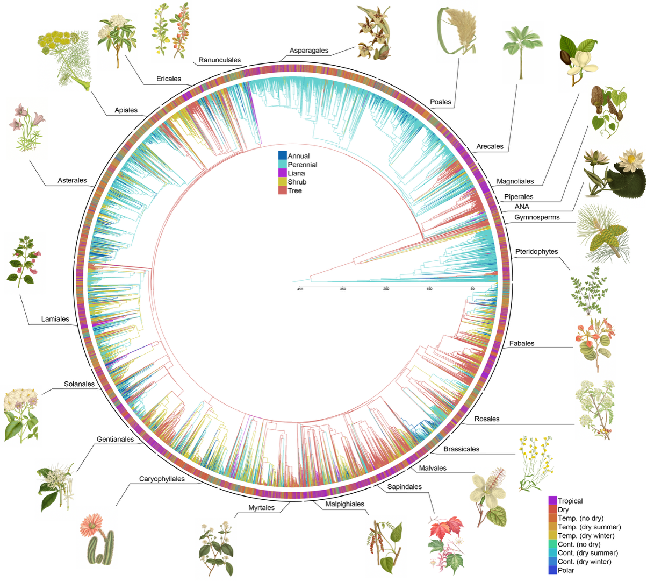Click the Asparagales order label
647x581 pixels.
pos(308,51)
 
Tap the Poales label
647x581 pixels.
pos(440,102)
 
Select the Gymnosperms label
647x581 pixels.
pos(536,217)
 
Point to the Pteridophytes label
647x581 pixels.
pos(536,252)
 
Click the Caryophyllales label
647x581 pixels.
pos(162,479)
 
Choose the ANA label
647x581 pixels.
pos(521,207)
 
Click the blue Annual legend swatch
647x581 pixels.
pos(282,155)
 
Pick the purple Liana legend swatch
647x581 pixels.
pos(282,173)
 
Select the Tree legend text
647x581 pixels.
pos(294,191)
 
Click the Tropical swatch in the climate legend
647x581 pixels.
pos(552,501)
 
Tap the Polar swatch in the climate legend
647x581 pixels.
pos(552,570)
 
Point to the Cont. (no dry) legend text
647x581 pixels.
pos(579,544)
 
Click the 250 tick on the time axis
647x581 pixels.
pos(386,289)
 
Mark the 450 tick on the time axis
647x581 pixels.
pos(300,289)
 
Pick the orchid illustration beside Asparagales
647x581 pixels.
pos(374,33)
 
